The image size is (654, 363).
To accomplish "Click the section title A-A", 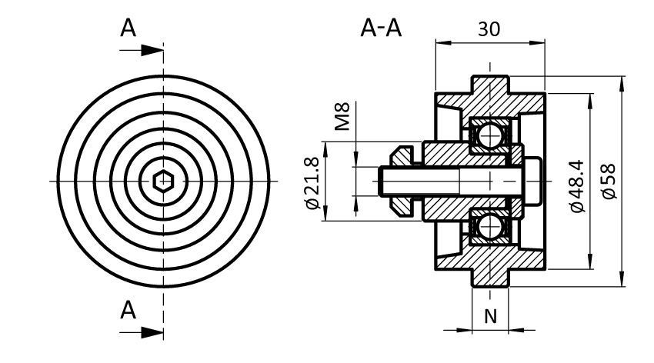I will [x=381, y=29].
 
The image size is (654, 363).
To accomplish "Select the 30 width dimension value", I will [x=489, y=29].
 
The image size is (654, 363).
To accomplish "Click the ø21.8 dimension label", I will [x=312, y=181].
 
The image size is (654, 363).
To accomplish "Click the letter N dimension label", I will [x=489, y=315].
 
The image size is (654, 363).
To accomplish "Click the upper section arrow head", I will [x=154, y=50].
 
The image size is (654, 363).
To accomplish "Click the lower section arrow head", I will [x=154, y=332].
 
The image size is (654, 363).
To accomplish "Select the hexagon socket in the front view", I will [x=162, y=181].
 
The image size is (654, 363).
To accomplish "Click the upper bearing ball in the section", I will [x=487, y=135].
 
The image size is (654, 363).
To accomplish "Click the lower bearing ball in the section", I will [x=487, y=227].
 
